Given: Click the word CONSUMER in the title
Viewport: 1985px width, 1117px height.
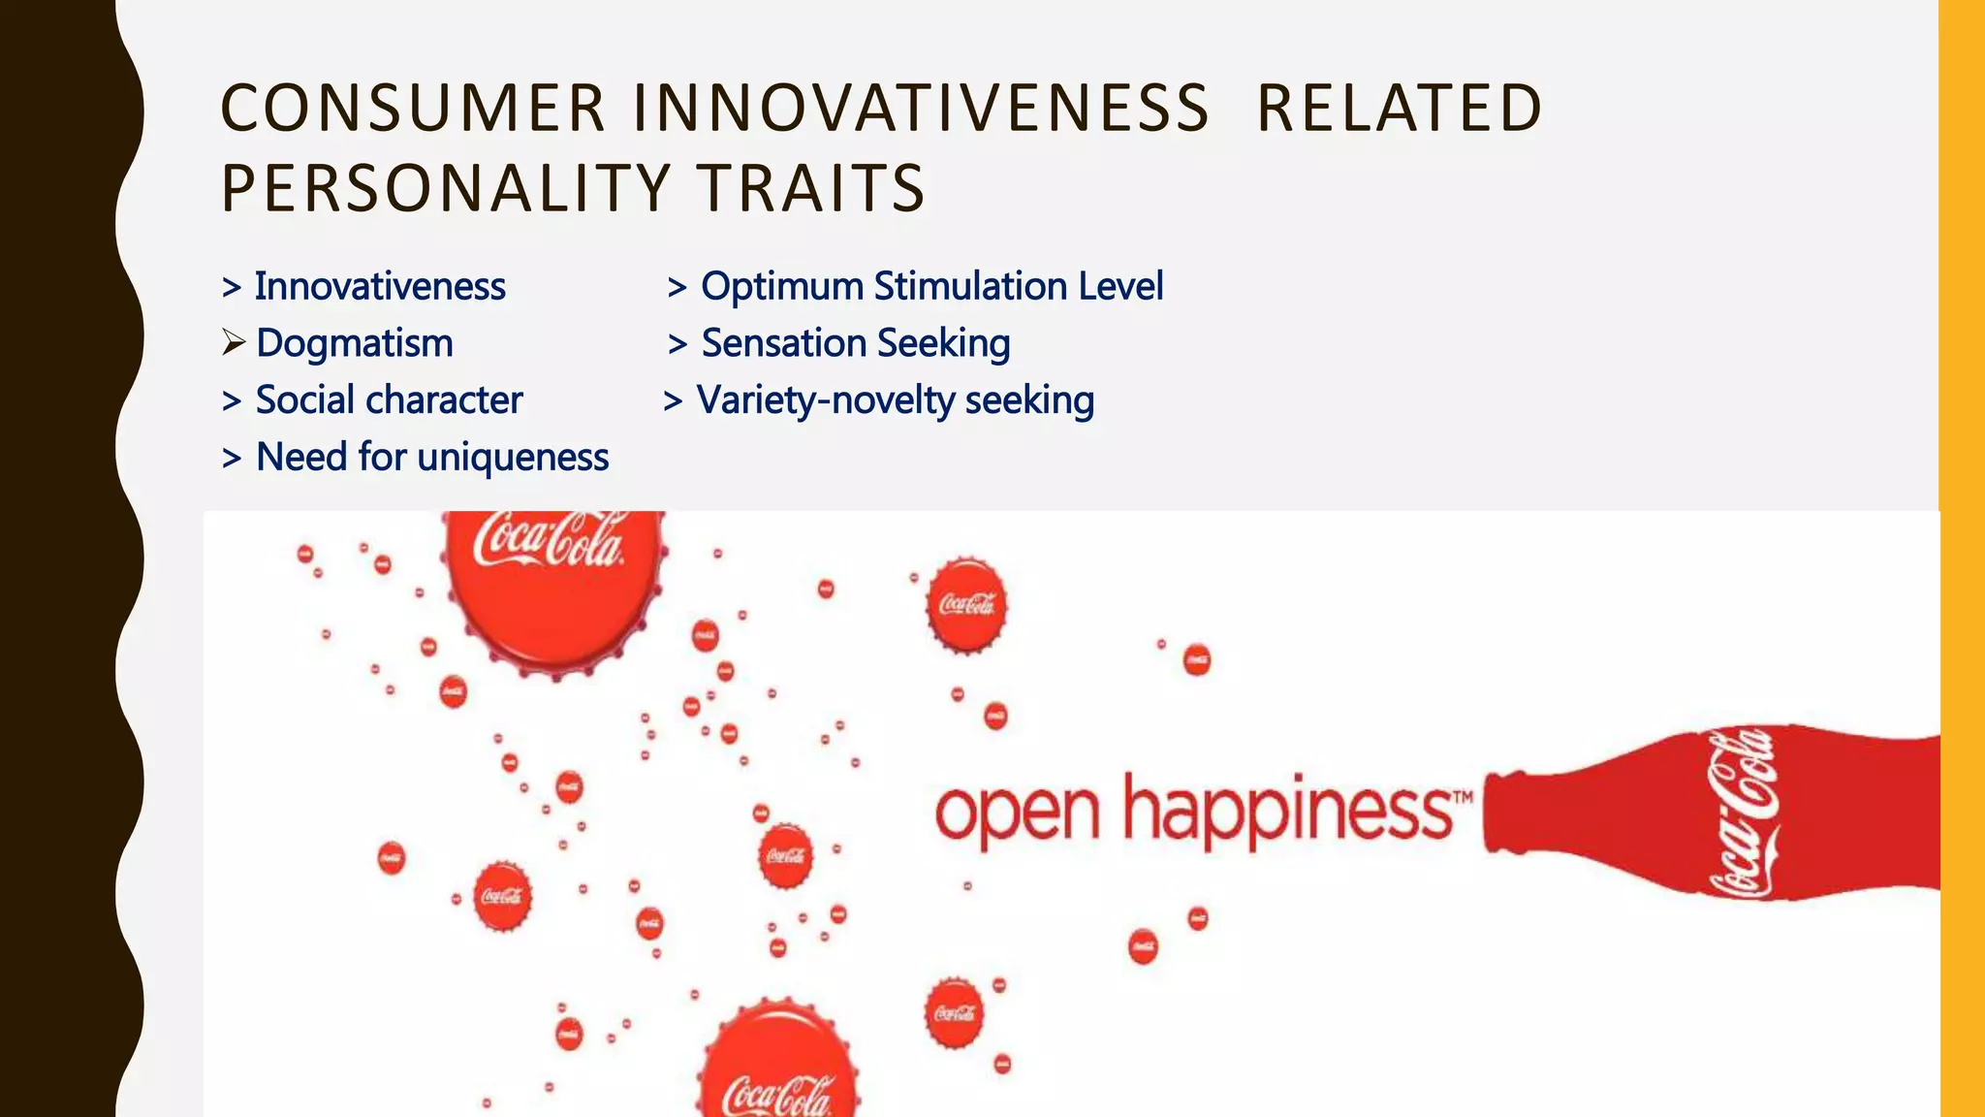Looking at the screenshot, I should (x=413, y=108).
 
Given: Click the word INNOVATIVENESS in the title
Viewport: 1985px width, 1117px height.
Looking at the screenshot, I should (x=920, y=108).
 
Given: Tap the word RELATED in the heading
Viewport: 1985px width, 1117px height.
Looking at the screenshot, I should (x=1399, y=108).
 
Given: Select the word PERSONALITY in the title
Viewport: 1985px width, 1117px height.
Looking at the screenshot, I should (x=446, y=188).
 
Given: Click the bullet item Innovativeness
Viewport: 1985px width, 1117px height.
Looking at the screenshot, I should (x=379, y=287).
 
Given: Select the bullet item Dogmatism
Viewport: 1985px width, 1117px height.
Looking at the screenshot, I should (x=354, y=343).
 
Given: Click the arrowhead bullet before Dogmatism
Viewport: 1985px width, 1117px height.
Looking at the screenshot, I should (x=233, y=342).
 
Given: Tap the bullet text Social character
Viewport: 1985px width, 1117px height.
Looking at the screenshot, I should (x=389, y=400).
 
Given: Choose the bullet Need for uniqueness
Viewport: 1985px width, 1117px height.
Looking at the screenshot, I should (x=431, y=457).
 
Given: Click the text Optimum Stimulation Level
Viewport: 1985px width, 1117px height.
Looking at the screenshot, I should (x=931, y=287).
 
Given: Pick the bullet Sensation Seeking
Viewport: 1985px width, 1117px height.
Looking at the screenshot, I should (x=855, y=343).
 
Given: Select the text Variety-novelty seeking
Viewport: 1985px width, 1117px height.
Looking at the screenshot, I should (x=895, y=400).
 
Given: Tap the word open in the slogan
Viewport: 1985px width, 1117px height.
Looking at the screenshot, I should (x=1017, y=814).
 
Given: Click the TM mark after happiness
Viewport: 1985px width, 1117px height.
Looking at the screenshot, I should (x=1463, y=797).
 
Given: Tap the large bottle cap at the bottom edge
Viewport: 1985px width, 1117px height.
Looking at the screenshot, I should (x=779, y=1067).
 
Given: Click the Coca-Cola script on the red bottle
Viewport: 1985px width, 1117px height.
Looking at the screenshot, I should (x=1743, y=813).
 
